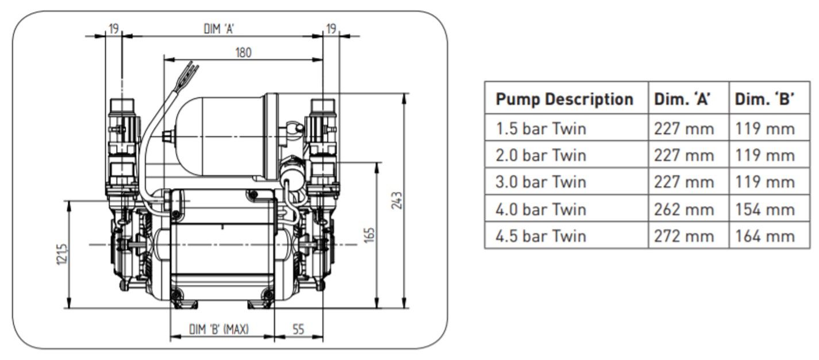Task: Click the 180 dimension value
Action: tap(243, 52)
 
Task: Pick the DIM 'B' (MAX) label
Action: tap(218, 330)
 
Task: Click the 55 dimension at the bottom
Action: tap(298, 330)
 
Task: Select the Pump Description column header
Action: tap(564, 99)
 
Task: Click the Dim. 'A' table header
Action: tap(682, 99)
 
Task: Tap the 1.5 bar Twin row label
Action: tap(541, 128)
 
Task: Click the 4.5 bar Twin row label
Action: tap(541, 236)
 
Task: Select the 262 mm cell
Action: tap(683, 209)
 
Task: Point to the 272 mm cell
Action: tap(683, 236)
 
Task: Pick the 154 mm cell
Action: tap(765, 209)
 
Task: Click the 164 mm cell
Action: tap(765, 236)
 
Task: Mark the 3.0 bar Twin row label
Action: tap(541, 182)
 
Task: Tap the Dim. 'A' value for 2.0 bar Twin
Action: tap(683, 155)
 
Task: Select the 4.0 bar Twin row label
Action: tap(541, 209)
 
